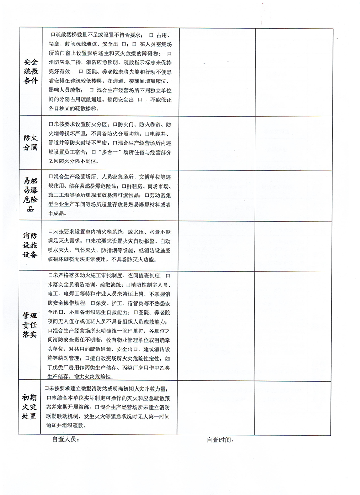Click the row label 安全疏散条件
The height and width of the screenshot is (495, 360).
(x=30, y=72)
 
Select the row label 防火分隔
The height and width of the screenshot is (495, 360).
(x=30, y=143)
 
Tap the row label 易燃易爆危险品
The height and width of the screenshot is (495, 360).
(x=30, y=194)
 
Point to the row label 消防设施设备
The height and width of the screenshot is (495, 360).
(x=30, y=246)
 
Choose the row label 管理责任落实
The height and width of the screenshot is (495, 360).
(x=30, y=325)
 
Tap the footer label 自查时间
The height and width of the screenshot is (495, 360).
(x=220, y=440)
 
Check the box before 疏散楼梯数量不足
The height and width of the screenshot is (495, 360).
(x=52, y=34)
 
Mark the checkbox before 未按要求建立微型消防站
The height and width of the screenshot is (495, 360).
(x=47, y=388)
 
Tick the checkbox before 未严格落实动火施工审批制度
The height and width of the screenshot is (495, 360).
(x=51, y=275)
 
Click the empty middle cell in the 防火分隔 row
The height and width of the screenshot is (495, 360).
(x=217, y=143)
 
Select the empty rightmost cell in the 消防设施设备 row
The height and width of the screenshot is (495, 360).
(x=293, y=246)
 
